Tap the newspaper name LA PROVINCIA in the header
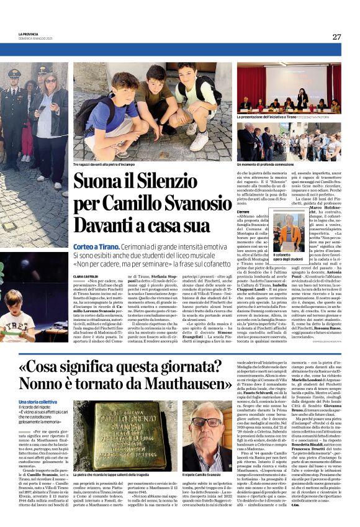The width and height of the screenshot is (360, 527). pyautogui.click(x=28, y=34)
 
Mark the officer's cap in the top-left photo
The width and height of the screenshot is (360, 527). pyautogui.click(x=14, y=73)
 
